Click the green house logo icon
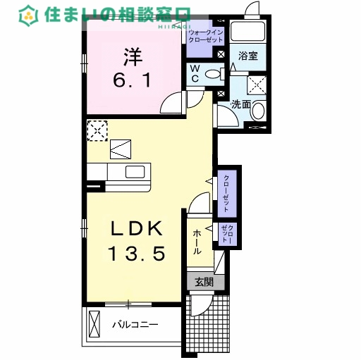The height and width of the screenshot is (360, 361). pyautogui.click(x=29, y=14)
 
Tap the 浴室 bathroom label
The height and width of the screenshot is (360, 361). pyautogui.click(x=247, y=56)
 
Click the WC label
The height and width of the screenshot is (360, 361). pyautogui.click(x=197, y=73)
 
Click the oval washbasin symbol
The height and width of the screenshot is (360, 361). pyautogui.click(x=258, y=111)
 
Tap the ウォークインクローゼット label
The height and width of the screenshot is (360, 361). pyautogui.click(x=205, y=36)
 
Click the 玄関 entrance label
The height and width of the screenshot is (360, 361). pyautogui.click(x=204, y=282)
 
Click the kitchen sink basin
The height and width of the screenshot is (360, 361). pyautogui.click(x=136, y=172)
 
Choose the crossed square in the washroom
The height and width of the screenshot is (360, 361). pyautogui.click(x=256, y=85)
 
